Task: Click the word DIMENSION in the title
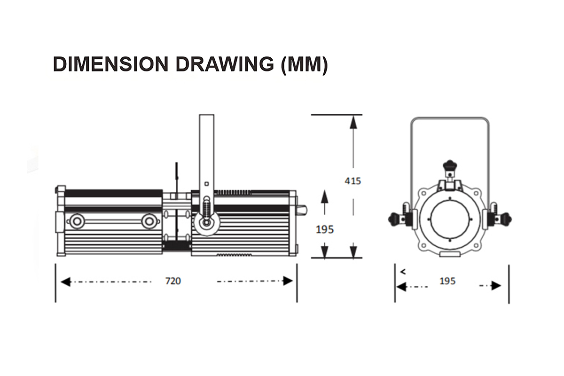point(111,64)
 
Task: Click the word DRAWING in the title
point(225,64)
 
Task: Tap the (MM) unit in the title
point(305,65)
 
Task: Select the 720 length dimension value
point(173,281)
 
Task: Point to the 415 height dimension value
point(353,181)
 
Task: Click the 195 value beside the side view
point(325,229)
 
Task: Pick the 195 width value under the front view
point(447,281)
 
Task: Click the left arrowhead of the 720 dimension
point(66,282)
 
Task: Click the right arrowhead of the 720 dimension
point(288,281)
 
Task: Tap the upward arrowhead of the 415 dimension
point(353,122)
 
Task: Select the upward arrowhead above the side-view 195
point(325,196)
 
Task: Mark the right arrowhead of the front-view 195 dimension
point(496,286)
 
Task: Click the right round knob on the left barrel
point(149,221)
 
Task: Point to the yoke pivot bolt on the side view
point(206,222)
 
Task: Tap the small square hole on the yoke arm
point(206,184)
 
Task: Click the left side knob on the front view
point(393,219)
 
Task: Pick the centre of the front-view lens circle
point(450,219)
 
